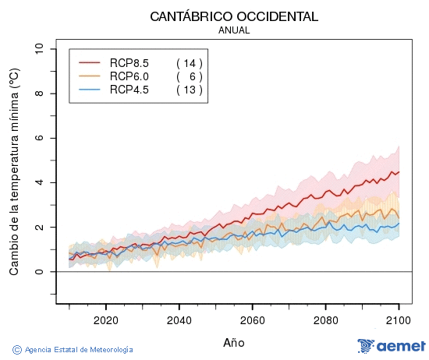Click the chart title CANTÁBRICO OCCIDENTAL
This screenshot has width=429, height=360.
[x=234, y=16]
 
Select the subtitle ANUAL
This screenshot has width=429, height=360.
[x=234, y=30]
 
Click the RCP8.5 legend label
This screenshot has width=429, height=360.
[x=129, y=62]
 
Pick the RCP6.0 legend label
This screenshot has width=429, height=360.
[x=129, y=76]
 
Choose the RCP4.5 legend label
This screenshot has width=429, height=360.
[x=129, y=90]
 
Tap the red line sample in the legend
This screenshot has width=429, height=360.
[x=90, y=62]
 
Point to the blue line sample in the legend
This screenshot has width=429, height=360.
[x=90, y=90]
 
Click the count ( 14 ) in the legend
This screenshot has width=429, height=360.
[x=189, y=62]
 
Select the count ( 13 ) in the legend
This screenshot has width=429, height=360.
[x=189, y=90]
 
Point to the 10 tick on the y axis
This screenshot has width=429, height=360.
[x=40, y=49]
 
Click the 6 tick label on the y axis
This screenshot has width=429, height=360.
[x=40, y=138]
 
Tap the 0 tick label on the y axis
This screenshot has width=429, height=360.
[x=40, y=272]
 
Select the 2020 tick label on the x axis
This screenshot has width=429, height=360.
[x=105, y=319]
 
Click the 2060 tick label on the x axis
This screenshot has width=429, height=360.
[x=252, y=319]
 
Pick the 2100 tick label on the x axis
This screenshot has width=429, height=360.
[x=399, y=319]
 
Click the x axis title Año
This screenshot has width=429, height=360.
[x=234, y=342]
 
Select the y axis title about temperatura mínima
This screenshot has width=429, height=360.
[x=14, y=171]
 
